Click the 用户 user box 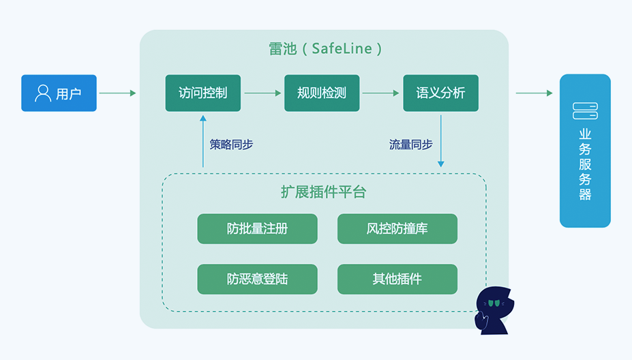[59, 93]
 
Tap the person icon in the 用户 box [43, 93]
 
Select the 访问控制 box [202, 93]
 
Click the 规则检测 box [322, 93]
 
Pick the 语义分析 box [440, 93]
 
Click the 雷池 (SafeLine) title [325, 49]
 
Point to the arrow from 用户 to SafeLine [117, 93]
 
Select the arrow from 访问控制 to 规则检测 [262, 93]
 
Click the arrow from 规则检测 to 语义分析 [381, 93]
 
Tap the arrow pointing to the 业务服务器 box [534, 93]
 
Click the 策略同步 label [231, 145]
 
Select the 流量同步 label [410, 145]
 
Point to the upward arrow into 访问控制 [202, 140]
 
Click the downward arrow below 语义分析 [440, 140]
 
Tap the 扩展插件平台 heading [323, 192]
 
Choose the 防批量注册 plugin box [257, 229]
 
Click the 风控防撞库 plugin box [397, 229]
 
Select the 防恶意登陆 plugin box [257, 279]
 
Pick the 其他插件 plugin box [397, 279]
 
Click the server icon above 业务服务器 [585, 110]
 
